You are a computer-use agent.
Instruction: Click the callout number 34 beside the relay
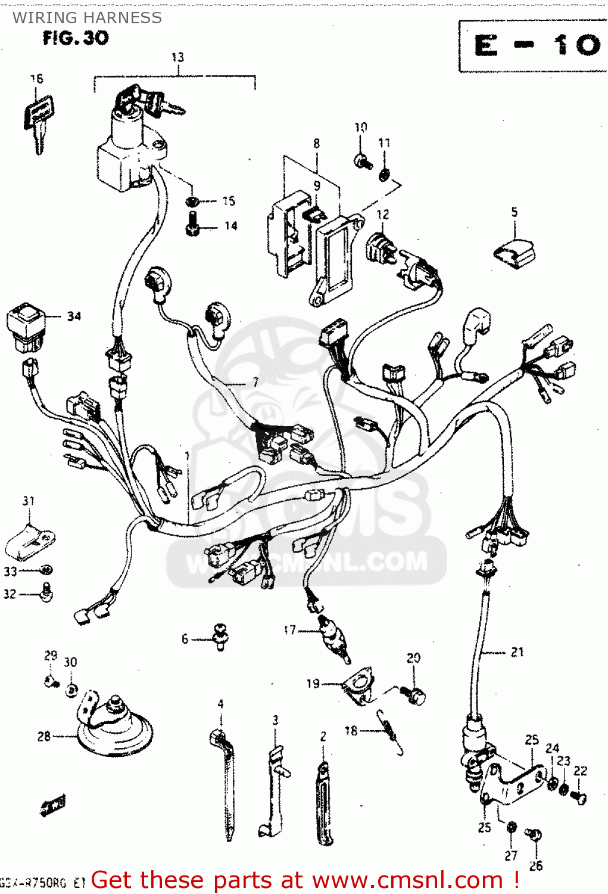74,316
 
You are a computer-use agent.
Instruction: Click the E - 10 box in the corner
534,46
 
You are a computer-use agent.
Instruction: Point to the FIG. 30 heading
76,38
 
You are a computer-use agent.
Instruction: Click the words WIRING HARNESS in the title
87,18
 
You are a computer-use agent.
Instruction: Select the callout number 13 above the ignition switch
177,57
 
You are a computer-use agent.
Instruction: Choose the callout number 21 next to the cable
517,652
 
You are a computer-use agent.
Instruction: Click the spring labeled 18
391,732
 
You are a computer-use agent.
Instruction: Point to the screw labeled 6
220,637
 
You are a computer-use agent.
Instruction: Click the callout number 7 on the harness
255,382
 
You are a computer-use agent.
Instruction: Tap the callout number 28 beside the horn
44,736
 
